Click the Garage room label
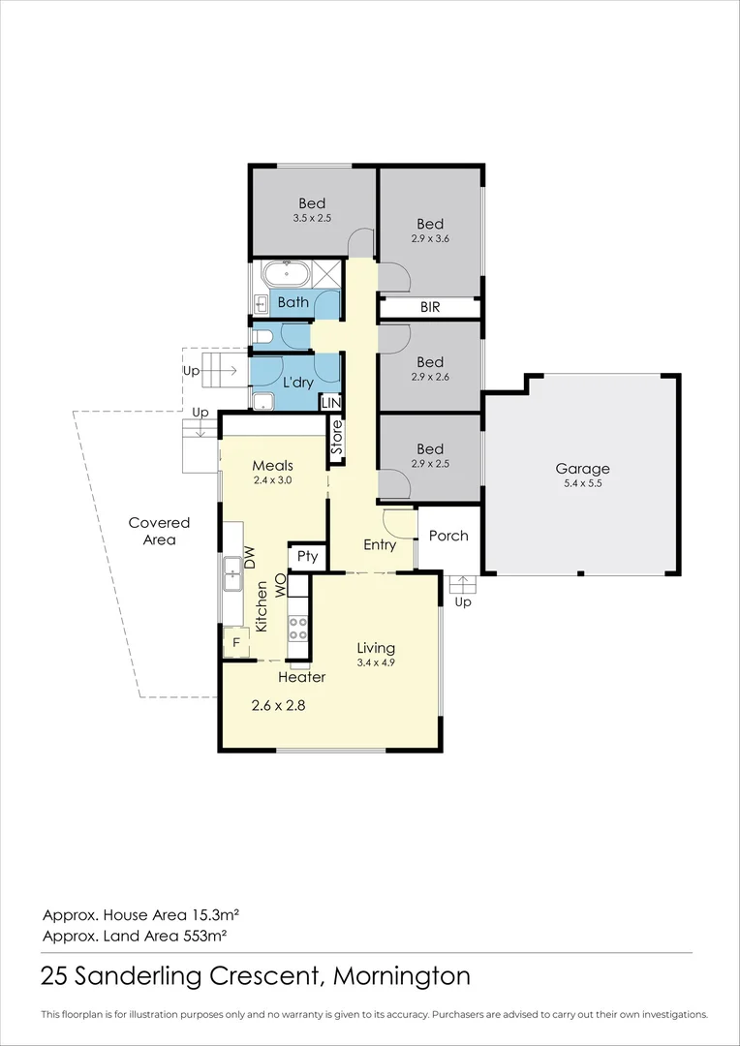[x=582, y=469]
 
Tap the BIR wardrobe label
[x=430, y=308]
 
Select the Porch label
[x=448, y=536]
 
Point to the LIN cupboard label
[x=331, y=403]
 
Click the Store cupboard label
[x=337, y=438]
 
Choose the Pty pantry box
[x=308, y=556]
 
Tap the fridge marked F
[x=235, y=643]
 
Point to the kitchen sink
[x=232, y=573]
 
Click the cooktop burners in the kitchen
[x=297, y=628]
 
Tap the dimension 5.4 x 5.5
[x=583, y=485]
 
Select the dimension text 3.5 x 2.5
[x=312, y=218]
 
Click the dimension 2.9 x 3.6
[x=430, y=238]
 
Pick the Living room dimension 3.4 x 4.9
[x=377, y=662]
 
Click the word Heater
[x=301, y=677]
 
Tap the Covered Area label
[x=160, y=531]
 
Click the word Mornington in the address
[x=402, y=976]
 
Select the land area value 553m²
[x=204, y=936]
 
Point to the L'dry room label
[x=295, y=385]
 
